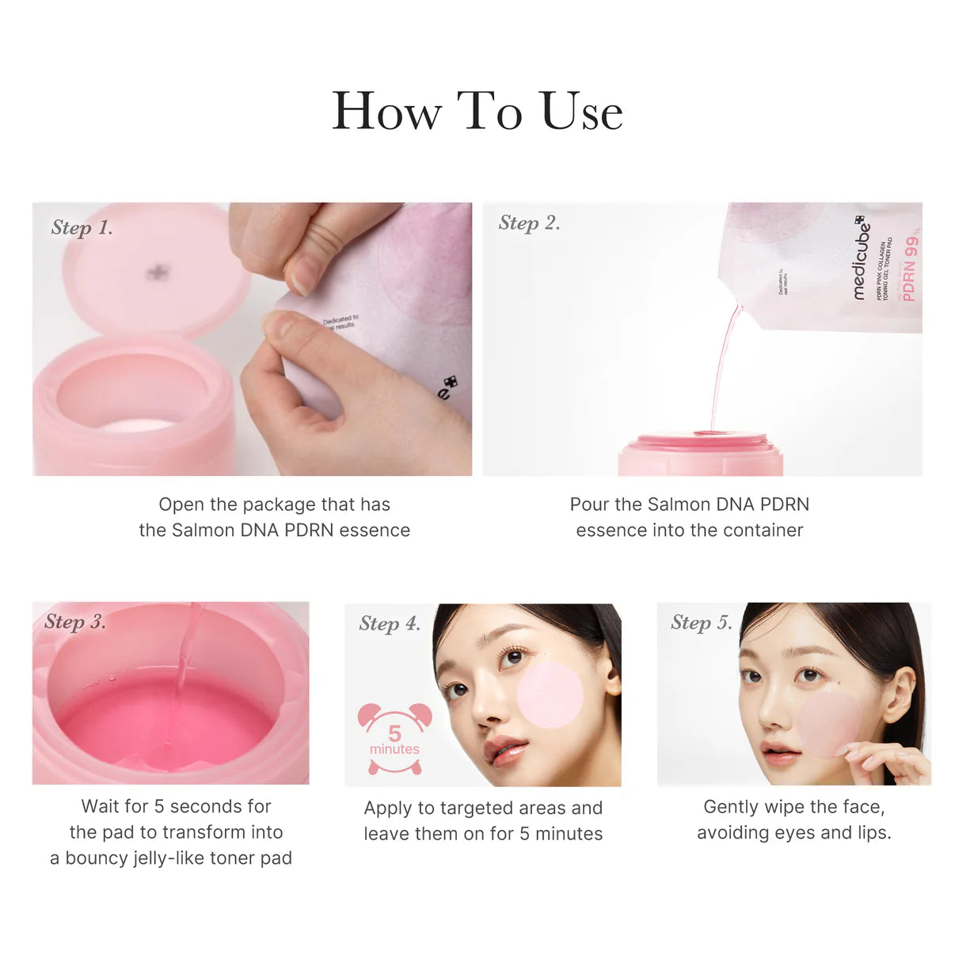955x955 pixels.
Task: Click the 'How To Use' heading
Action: pos(477,111)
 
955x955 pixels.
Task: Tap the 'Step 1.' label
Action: pos(82,228)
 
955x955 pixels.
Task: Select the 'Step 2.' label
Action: pos(529,223)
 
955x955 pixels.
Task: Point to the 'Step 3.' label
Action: pos(75,622)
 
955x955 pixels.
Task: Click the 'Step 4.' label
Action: pos(390,624)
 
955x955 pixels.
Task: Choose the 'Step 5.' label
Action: pos(701,622)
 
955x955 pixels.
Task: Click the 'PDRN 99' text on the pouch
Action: pos(910,265)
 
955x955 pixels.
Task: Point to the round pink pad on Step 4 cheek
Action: pos(550,695)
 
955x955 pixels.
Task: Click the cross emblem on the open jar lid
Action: pos(158,273)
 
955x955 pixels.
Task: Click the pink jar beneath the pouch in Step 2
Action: pos(700,455)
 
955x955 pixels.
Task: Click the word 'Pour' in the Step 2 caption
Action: pos(589,504)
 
